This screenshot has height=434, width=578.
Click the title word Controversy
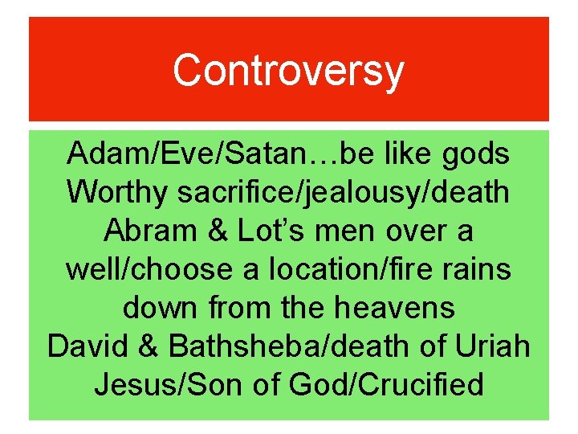click(288, 70)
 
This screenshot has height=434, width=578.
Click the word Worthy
click(117, 192)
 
